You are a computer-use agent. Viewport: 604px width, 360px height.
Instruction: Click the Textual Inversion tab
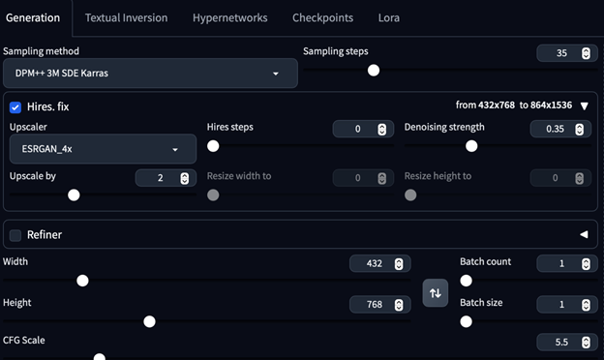click(x=126, y=17)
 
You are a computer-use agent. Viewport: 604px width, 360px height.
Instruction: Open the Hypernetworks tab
click(x=231, y=17)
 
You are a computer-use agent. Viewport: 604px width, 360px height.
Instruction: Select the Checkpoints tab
click(x=323, y=17)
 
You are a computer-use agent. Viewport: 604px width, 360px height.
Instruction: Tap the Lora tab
click(x=388, y=17)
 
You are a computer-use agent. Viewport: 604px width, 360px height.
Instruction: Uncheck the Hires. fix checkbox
click(x=15, y=106)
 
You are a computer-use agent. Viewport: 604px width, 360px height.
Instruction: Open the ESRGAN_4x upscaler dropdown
click(x=101, y=149)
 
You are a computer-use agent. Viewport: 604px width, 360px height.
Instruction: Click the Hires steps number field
click(x=356, y=129)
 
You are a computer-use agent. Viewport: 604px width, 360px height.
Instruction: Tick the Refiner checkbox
click(x=15, y=234)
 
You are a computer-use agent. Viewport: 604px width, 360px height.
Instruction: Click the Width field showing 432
click(x=374, y=263)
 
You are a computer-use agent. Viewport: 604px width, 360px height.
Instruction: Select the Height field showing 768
click(x=374, y=305)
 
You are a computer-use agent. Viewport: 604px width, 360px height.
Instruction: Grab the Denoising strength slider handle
click(x=471, y=146)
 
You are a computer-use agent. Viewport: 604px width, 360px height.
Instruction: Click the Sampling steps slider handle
click(x=374, y=70)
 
